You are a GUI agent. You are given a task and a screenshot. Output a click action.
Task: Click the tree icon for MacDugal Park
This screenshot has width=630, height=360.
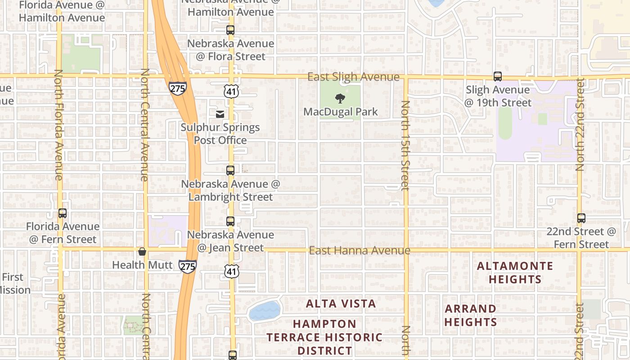tap(340, 98)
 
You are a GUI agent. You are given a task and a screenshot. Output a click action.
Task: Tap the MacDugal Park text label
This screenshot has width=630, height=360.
tap(341, 112)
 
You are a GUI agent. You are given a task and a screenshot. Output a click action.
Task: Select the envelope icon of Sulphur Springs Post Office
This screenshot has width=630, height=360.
tap(220, 114)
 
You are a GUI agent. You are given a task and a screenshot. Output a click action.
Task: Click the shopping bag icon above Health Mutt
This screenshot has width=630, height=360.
tap(142, 252)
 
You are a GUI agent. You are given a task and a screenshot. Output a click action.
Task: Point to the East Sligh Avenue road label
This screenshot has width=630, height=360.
tap(353, 77)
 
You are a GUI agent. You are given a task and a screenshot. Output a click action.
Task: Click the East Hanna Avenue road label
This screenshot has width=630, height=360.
tap(360, 250)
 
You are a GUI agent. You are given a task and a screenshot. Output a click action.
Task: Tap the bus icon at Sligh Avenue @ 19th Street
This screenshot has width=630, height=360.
tap(497, 76)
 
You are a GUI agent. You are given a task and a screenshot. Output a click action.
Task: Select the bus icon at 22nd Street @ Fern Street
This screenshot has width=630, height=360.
tap(581, 218)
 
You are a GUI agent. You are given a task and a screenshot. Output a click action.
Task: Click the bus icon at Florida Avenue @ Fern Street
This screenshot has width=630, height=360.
tap(63, 213)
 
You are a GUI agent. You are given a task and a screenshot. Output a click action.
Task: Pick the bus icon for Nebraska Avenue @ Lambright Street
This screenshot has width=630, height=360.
tap(230, 171)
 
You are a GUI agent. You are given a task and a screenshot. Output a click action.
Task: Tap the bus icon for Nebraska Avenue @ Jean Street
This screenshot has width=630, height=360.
tap(230, 221)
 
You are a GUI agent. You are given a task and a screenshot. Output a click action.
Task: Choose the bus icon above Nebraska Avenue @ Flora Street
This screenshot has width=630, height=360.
tap(230, 30)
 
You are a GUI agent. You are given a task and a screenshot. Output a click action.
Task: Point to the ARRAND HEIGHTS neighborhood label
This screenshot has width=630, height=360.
tap(471, 315)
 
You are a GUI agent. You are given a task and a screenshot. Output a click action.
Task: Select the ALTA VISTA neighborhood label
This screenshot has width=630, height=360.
tap(341, 304)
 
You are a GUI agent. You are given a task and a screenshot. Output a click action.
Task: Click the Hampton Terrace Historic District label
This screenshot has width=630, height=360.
tap(324, 337)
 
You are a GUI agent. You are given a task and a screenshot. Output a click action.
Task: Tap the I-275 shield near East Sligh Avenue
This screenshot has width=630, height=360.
tap(178, 88)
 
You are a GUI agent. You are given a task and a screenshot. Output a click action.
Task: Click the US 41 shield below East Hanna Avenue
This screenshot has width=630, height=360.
tap(231, 271)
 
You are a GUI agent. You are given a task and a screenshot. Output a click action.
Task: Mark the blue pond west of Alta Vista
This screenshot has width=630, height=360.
tap(265, 311)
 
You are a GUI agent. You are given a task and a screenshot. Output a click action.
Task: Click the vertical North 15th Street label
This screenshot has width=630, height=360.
tap(405, 145)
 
